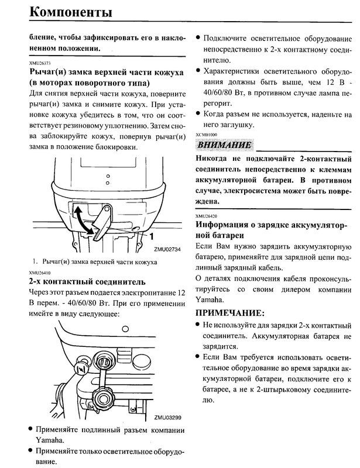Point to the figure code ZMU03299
168,418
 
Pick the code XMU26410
39,273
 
